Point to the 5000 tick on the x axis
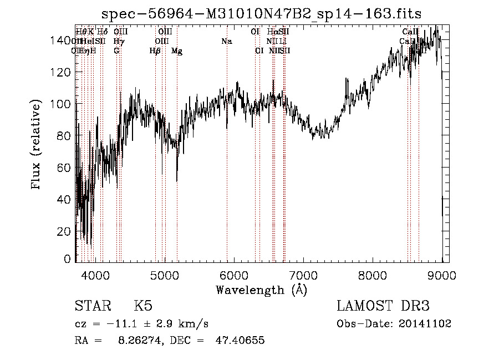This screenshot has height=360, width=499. pos(164,273)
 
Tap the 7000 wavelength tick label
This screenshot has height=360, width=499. pos(303,273)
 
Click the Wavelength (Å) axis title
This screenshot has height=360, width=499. pos(261,290)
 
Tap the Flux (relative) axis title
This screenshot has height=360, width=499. pos(37,145)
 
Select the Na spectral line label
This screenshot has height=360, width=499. pos(226,42)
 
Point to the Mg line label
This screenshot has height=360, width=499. pos(177,51)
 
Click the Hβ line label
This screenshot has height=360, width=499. pos(155,51)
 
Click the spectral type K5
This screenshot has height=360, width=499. pos(143,306)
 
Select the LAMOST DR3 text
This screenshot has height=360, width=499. pos(383,306)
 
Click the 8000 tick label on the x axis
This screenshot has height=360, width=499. pos(372,273)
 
